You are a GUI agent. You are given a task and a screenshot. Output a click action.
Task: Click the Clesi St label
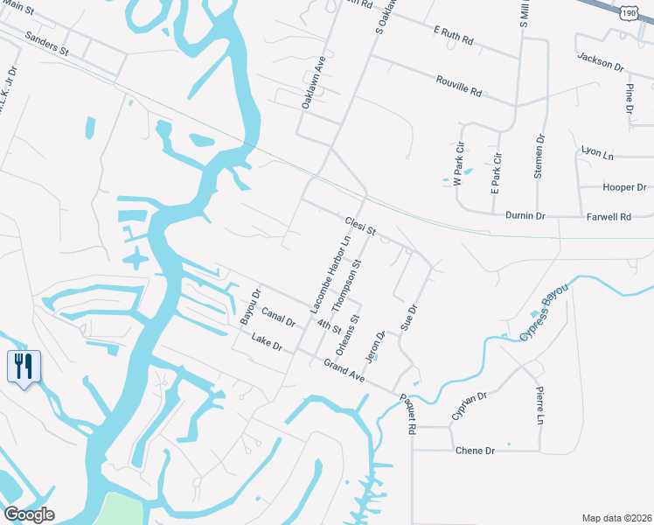point(359,226)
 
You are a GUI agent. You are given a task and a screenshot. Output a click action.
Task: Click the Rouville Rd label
point(458,86)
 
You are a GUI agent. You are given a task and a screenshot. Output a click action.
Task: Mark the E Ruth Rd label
point(453,36)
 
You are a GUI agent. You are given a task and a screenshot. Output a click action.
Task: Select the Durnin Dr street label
point(525,215)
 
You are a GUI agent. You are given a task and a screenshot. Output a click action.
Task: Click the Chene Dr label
point(475,450)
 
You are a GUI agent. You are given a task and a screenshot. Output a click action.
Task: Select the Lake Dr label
point(266,342)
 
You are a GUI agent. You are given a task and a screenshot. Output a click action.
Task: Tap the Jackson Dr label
point(600,60)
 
